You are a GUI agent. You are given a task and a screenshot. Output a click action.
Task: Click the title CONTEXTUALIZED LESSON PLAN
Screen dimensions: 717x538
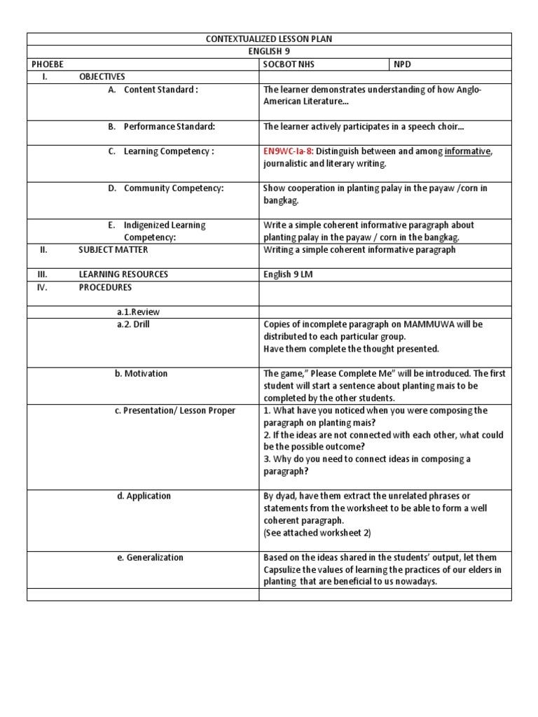tap(269, 39)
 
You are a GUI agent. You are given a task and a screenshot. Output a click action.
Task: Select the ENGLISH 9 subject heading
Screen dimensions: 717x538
tap(269, 52)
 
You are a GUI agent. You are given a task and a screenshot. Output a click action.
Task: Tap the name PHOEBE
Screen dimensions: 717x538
tap(48, 64)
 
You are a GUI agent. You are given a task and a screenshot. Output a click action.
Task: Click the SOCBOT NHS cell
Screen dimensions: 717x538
tap(289, 64)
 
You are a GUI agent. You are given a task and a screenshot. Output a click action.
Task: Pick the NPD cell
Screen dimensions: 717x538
tap(403, 64)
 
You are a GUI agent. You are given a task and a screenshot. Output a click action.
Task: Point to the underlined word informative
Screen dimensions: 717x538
tap(467, 151)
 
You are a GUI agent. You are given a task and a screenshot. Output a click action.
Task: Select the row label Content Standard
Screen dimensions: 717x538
tap(160, 90)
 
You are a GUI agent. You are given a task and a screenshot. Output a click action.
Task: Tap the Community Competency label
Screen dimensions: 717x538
tap(173, 188)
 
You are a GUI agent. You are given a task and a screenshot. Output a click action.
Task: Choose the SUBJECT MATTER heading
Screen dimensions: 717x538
tap(113, 250)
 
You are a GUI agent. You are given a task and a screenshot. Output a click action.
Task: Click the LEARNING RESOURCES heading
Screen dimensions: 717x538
tap(123, 274)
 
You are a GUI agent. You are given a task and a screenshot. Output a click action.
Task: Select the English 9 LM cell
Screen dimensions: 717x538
tap(288, 274)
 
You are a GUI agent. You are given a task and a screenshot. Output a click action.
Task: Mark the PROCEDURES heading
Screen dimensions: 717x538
tap(105, 287)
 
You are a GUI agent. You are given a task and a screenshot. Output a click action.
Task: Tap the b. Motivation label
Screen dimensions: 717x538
tap(141, 374)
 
